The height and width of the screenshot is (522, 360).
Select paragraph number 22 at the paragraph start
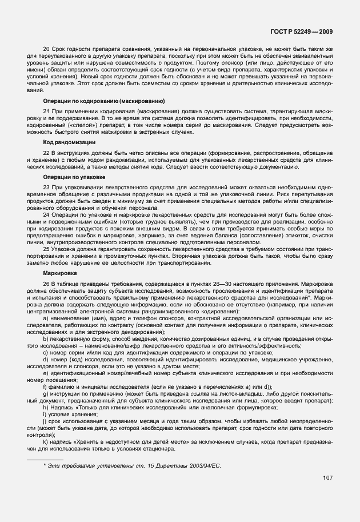(x=47, y=151)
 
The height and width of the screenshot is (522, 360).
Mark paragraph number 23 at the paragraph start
(x=47, y=187)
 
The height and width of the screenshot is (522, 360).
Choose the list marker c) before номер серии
(x=46, y=352)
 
